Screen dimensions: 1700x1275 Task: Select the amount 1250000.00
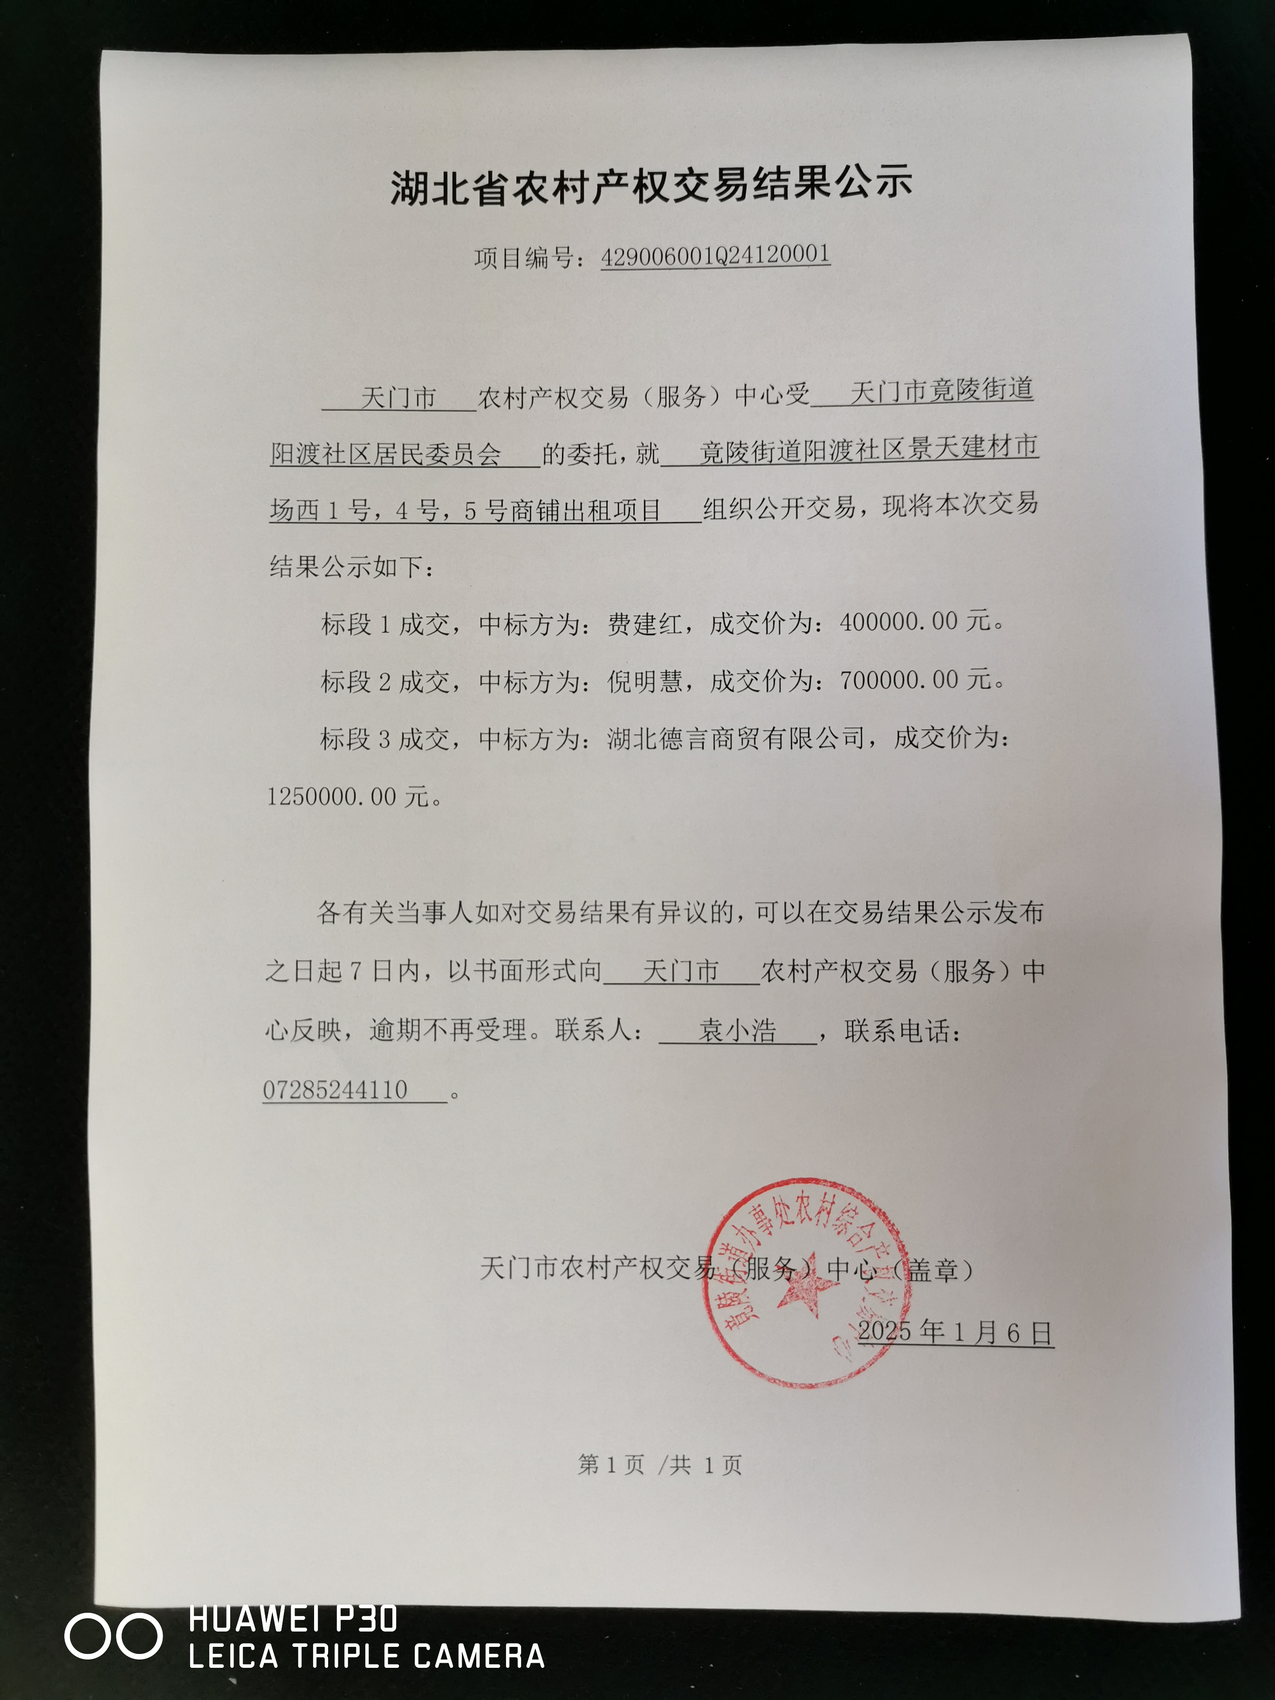click(x=332, y=797)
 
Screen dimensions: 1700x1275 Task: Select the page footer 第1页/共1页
click(x=659, y=1465)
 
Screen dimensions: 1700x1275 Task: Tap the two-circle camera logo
click(x=113, y=1635)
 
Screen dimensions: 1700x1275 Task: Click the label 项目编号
click(x=522, y=258)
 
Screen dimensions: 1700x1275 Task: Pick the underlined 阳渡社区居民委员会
click(x=386, y=454)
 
